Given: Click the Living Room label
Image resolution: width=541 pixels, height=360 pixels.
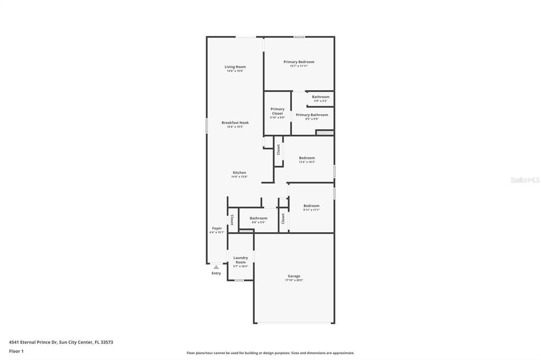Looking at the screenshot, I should pyautogui.click(x=235, y=67).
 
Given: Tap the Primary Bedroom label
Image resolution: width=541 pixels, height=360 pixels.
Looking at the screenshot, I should pyautogui.click(x=299, y=62).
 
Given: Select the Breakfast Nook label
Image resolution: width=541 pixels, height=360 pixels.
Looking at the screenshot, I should pyautogui.click(x=235, y=122).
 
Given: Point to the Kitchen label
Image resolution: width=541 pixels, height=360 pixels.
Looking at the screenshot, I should pyautogui.click(x=239, y=173).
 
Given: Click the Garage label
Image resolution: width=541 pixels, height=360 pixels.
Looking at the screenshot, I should pyautogui.click(x=294, y=276).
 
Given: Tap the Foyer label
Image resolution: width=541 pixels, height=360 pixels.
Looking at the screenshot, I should pyautogui.click(x=217, y=229).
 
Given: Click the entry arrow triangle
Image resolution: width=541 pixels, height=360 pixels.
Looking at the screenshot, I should pyautogui.click(x=216, y=267).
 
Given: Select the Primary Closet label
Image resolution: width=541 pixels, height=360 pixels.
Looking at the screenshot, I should pyautogui.click(x=277, y=111).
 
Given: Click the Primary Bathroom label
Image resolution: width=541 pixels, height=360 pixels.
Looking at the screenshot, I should pyautogui.click(x=312, y=115).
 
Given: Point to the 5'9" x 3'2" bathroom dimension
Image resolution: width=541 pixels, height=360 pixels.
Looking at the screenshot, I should pyautogui.click(x=320, y=101).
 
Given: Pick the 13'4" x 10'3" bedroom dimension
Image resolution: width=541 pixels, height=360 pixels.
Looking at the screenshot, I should pyautogui.click(x=307, y=162).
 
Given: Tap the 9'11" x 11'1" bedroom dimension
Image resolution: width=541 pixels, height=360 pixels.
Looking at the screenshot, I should pyautogui.click(x=311, y=210).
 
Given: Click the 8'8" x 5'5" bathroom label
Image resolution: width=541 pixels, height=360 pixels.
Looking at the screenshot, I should pyautogui.click(x=258, y=218).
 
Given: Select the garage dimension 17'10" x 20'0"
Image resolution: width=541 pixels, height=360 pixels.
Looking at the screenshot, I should pyautogui.click(x=294, y=280).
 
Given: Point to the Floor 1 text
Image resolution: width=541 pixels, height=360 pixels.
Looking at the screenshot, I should pyautogui.click(x=16, y=351).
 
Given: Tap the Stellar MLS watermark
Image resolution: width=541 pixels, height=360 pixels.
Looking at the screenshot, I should pyautogui.click(x=525, y=180).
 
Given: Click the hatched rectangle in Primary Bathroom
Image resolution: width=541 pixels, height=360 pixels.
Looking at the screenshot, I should pyautogui.click(x=325, y=132).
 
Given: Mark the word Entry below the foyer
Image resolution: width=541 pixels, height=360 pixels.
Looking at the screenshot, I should pyautogui.click(x=216, y=273).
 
